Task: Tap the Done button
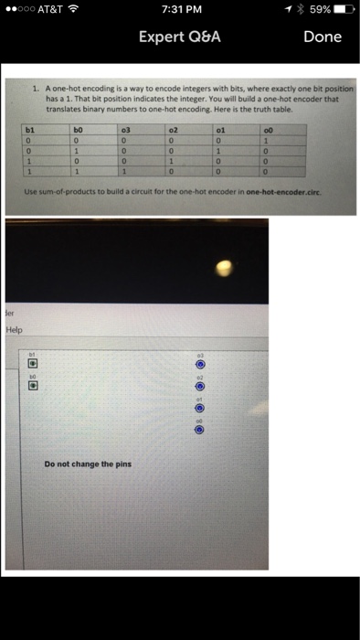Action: [322, 37]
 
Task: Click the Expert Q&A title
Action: [180, 37]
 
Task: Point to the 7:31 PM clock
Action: [180, 10]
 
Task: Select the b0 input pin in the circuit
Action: [29, 384]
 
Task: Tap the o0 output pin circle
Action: [199, 432]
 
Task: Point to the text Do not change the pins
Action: [88, 464]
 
